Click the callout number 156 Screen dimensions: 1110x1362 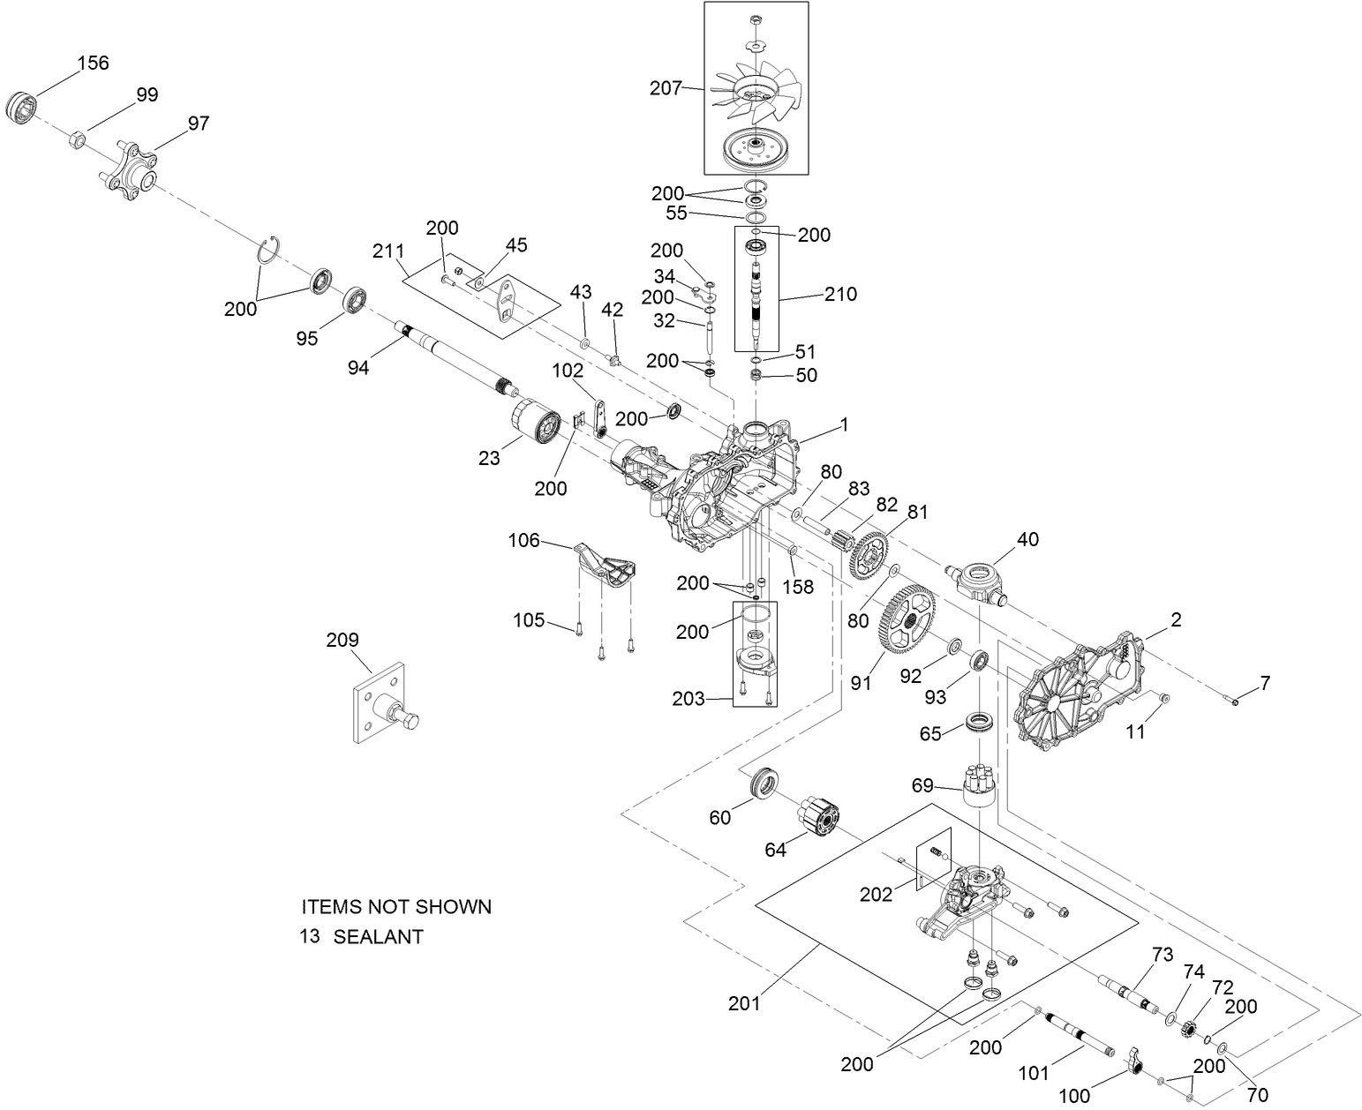(x=94, y=63)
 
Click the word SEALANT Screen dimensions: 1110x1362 (x=378, y=937)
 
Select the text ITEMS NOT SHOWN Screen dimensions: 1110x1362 (x=396, y=906)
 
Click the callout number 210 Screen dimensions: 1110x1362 (x=839, y=294)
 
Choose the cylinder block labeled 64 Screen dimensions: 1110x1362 (x=821, y=815)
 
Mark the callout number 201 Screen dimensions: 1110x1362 (x=747, y=1003)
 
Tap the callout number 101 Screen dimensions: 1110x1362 (x=1034, y=1073)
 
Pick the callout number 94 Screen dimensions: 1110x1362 (x=357, y=367)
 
